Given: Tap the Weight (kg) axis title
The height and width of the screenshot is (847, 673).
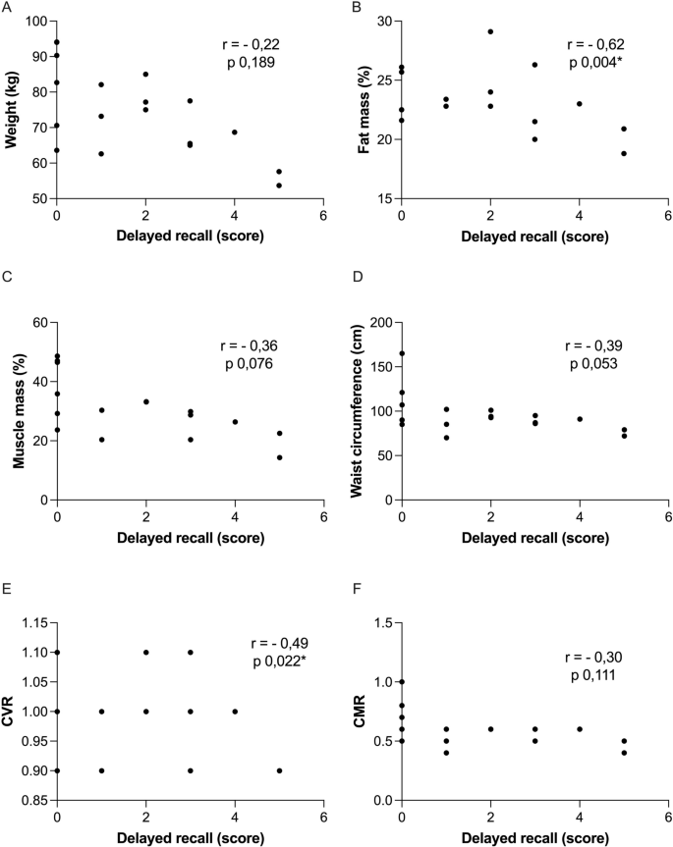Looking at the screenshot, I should click(x=11, y=110).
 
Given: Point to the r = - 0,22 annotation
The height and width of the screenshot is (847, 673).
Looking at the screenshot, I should click(x=253, y=45).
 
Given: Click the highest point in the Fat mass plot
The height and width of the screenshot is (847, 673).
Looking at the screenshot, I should click(x=490, y=31).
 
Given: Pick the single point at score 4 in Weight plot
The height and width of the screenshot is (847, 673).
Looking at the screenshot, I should click(x=235, y=132).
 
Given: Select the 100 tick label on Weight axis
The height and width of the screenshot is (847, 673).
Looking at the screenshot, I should click(x=36, y=22).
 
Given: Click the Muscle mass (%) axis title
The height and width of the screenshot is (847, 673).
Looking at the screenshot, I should click(x=11, y=411).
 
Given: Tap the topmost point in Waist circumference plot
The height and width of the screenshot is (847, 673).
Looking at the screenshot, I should click(x=402, y=353).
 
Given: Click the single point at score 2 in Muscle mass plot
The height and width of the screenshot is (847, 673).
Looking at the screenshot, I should click(x=145, y=401).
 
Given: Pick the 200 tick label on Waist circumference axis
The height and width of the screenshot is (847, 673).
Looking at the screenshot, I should click(x=377, y=323).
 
